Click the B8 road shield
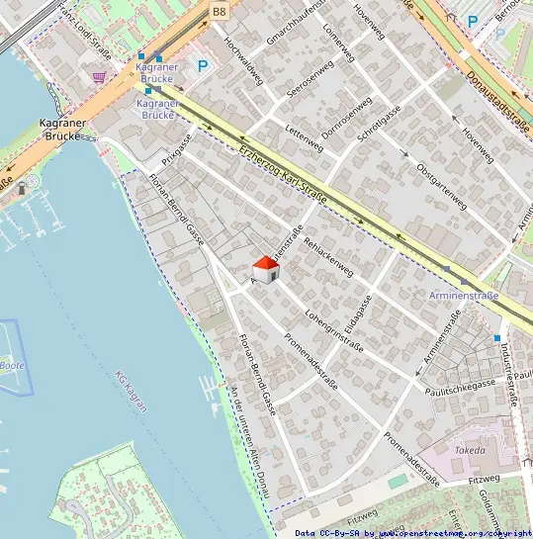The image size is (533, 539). click(219, 11)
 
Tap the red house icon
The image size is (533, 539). click(265, 269)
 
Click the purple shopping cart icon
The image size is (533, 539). click(99, 76)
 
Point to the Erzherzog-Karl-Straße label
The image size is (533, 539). click(283, 175)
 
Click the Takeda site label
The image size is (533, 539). click(469, 450)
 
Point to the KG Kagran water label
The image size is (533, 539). click(132, 390)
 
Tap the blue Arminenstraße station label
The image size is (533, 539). click(465, 295)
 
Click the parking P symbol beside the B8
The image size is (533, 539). click(203, 66)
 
